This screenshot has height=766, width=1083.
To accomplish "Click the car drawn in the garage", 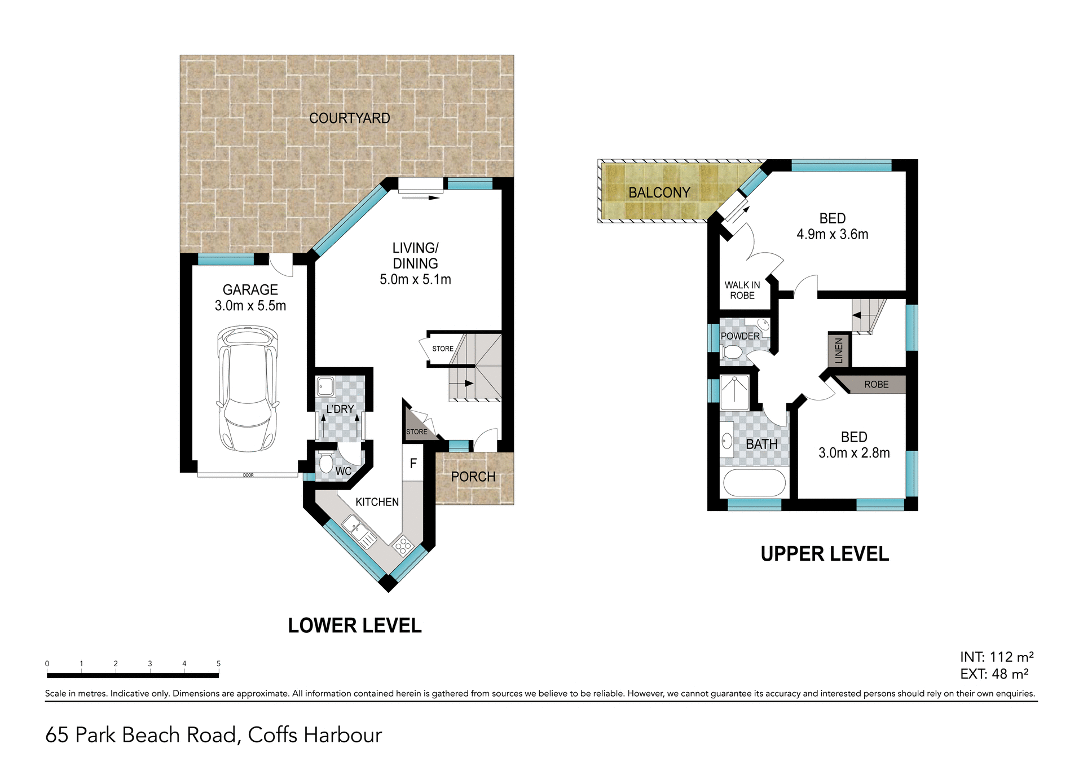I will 248,389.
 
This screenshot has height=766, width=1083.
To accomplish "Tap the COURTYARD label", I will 349,118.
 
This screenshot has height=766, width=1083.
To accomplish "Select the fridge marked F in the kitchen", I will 413,463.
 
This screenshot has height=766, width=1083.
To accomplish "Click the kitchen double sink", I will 359,531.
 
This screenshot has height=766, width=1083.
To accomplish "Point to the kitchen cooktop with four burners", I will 403,545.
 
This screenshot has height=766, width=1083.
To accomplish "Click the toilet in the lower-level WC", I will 325,463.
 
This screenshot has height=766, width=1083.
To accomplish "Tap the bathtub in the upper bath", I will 754,483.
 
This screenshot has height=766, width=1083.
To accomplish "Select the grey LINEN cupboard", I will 839,350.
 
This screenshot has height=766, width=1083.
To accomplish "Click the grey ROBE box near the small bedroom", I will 875,385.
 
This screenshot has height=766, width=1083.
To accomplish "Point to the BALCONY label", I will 659,193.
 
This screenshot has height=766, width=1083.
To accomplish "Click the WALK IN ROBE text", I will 742,290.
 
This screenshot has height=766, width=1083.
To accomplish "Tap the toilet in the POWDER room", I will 732,353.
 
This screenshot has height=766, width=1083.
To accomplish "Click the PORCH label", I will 473,477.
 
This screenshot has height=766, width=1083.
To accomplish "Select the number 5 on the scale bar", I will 218,664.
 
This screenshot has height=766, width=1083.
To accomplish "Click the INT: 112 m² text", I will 997,657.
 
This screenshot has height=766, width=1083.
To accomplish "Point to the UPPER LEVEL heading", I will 825,554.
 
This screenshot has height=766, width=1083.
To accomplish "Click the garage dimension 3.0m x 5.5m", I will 250,306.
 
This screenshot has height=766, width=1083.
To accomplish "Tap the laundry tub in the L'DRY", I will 325,387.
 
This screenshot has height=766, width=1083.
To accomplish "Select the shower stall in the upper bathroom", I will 734,392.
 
